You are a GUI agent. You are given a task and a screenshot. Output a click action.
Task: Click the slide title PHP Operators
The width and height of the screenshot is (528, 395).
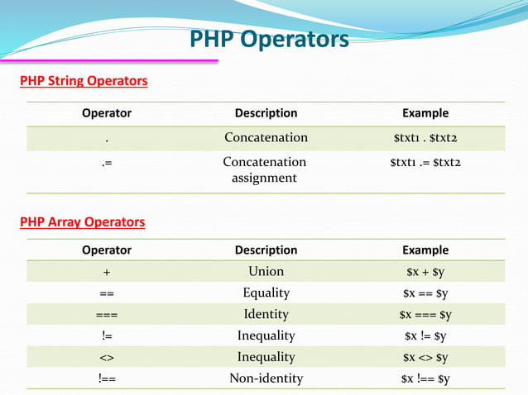[270, 40]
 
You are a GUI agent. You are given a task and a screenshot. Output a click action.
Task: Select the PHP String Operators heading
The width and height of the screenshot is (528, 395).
[84, 81]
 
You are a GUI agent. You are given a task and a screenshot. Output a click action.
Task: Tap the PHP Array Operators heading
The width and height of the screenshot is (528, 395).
[83, 221]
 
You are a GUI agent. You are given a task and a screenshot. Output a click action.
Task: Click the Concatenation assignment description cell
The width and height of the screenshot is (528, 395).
[265, 169]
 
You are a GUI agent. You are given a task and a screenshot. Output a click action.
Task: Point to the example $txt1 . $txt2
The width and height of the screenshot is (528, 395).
[425, 138]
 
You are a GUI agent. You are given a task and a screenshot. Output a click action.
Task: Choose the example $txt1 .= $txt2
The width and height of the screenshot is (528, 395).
[425, 162]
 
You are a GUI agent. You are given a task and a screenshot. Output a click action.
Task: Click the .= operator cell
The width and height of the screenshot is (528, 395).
[107, 163]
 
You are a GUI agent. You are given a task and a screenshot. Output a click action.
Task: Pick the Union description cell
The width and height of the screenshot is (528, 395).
[266, 271]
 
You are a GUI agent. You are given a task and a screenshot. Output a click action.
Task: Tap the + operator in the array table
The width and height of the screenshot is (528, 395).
[107, 272]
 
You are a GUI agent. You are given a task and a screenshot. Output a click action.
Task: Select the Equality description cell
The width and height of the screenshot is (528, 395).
[266, 293]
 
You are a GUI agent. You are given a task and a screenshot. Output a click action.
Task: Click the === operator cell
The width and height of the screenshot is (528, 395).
[107, 315]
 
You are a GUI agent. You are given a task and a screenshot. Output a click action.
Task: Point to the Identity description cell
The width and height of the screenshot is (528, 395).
[266, 314]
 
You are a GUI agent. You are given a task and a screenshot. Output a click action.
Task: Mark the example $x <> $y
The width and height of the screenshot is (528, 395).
[425, 357]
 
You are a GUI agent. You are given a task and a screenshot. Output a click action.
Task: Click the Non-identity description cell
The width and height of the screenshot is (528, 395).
[266, 378]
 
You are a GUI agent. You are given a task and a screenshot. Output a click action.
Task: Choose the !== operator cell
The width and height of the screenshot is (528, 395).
[107, 378]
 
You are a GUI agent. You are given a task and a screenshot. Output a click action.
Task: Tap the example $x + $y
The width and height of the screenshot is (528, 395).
[425, 272]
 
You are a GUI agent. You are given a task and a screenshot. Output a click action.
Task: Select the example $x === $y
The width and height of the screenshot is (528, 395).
[425, 315]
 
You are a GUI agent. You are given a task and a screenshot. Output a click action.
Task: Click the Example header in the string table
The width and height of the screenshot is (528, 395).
[425, 113]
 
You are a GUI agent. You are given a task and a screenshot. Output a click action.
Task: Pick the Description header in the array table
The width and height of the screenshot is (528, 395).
[266, 250]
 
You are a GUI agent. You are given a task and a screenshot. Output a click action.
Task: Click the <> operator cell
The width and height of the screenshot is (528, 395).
[107, 357]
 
